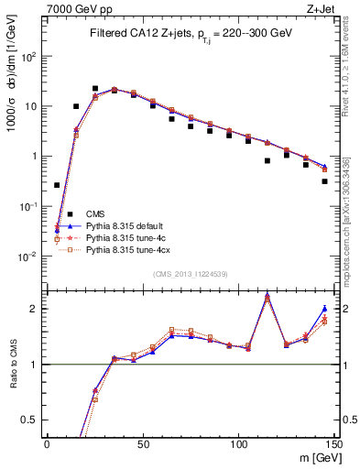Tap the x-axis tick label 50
pyautogui.click(x=142, y=443)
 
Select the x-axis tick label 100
pyautogui.click(x=238, y=443)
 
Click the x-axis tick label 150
pyautogui.click(x=333, y=443)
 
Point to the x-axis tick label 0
pyautogui.click(x=47, y=443)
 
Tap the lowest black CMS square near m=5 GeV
pyautogui.click(x=57, y=185)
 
